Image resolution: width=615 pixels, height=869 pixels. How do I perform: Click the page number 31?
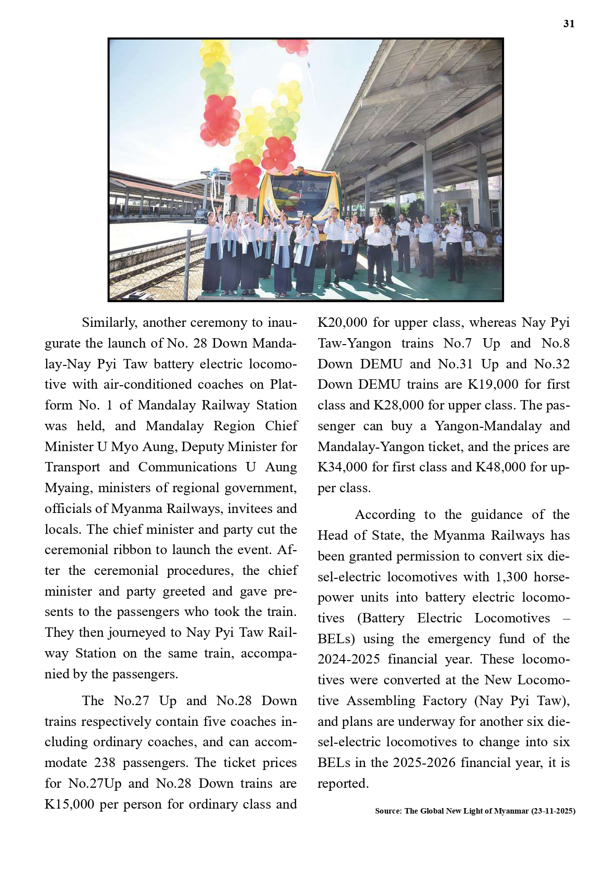click(x=569, y=24)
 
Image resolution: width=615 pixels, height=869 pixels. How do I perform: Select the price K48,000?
click(x=501, y=467)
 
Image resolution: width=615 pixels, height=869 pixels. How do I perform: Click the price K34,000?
click(x=342, y=467)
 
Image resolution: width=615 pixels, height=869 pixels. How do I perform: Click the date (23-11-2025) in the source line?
click(x=553, y=811)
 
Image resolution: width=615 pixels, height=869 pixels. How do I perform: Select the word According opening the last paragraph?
click(x=385, y=515)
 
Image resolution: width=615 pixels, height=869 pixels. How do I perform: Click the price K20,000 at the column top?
click(x=342, y=323)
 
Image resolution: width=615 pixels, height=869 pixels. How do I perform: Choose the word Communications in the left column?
click(x=187, y=467)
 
